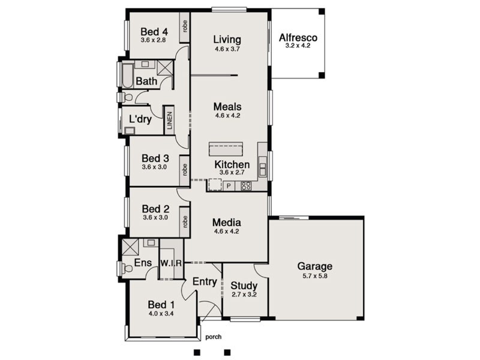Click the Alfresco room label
[298, 38]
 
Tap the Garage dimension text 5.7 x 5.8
[315, 276]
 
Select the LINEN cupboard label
[170, 120]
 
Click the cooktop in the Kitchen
[246, 185]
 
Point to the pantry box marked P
[229, 186]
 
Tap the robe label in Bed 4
[185, 26]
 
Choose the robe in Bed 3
[185, 170]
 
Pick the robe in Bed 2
[185, 221]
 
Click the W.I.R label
[171, 263]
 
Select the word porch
[214, 337]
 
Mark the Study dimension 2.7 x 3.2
[244, 295]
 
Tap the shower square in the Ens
[130, 247]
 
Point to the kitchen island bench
[226, 149]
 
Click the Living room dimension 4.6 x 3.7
[227, 49]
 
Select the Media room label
[227, 222]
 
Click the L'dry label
[140, 119]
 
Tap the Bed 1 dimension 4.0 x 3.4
[161, 313]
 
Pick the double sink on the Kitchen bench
[263, 169]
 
